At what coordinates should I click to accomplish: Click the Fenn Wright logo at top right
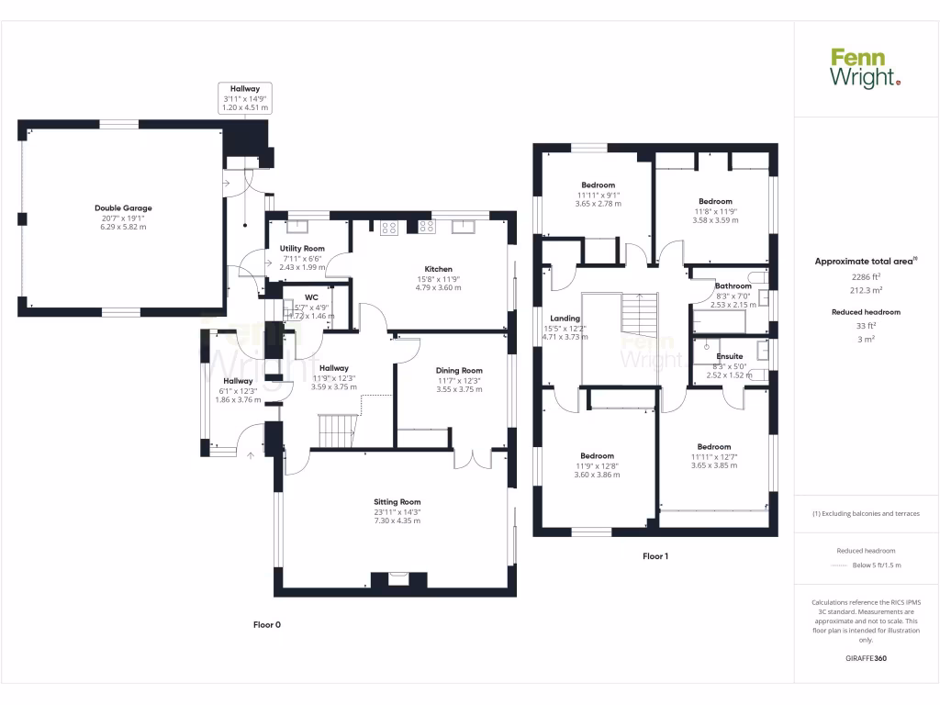click(866, 69)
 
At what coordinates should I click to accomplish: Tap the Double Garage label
click(123, 208)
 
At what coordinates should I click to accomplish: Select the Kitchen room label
click(438, 269)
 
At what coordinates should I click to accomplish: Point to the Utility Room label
click(302, 249)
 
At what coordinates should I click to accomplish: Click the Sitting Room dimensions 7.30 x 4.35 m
click(397, 520)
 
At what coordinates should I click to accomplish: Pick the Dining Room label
click(459, 371)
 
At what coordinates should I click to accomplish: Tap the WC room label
click(311, 297)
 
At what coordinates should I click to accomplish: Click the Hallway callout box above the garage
click(245, 98)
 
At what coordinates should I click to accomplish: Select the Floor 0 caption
click(267, 625)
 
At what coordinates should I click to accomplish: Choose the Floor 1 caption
click(655, 556)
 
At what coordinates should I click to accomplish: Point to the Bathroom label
click(733, 286)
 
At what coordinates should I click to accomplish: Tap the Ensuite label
click(730, 356)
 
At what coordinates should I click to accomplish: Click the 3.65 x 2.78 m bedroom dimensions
click(598, 204)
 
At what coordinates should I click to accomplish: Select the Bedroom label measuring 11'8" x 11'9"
click(715, 201)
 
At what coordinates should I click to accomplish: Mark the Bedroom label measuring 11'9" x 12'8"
click(597, 456)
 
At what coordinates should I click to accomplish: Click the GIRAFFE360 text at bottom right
click(866, 658)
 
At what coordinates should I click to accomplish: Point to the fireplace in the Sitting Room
click(398, 580)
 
